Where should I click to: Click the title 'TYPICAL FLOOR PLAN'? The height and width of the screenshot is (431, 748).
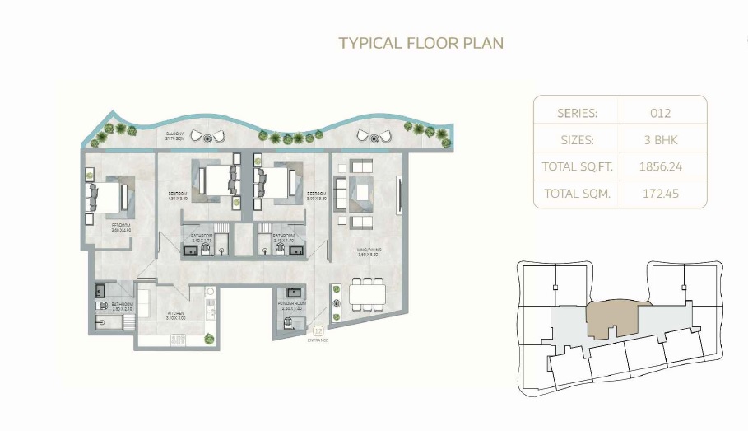[420, 42]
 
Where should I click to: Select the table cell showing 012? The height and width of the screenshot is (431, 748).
[659, 113]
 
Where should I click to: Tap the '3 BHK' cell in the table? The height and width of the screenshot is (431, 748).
[659, 140]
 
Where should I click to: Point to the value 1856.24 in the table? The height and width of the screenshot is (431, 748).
[659, 167]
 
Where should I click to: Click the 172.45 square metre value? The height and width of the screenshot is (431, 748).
[659, 194]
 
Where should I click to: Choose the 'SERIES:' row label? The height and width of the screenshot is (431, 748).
[577, 113]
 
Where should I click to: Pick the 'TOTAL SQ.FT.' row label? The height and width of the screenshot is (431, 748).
[577, 167]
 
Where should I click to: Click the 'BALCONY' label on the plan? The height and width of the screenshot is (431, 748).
[174, 134]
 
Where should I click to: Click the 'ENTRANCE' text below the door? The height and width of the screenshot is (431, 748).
[318, 340]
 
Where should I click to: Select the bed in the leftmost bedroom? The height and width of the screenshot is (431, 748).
[104, 196]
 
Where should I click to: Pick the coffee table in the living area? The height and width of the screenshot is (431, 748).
[363, 193]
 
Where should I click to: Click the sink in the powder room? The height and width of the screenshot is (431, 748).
[292, 293]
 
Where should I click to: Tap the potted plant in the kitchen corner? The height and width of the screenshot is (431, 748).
[209, 336]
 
